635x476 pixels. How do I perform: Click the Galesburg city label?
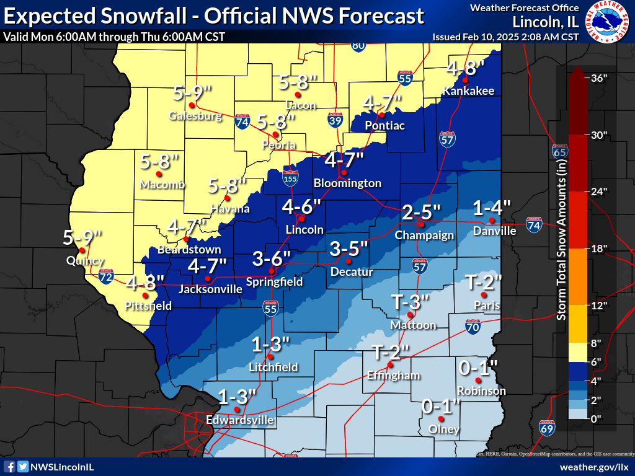[x=195, y=116]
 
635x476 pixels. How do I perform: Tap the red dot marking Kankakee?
[x=464, y=81]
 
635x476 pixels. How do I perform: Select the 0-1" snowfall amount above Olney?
[x=441, y=407]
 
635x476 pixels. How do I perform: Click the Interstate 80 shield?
[x=358, y=45]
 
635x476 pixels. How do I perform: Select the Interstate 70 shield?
[x=473, y=327]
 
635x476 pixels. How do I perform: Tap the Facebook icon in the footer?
[x=9, y=466]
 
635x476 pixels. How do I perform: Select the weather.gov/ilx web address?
[x=594, y=466]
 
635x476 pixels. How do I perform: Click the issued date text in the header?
[x=505, y=37]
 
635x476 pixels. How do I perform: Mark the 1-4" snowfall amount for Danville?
[x=492, y=207]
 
